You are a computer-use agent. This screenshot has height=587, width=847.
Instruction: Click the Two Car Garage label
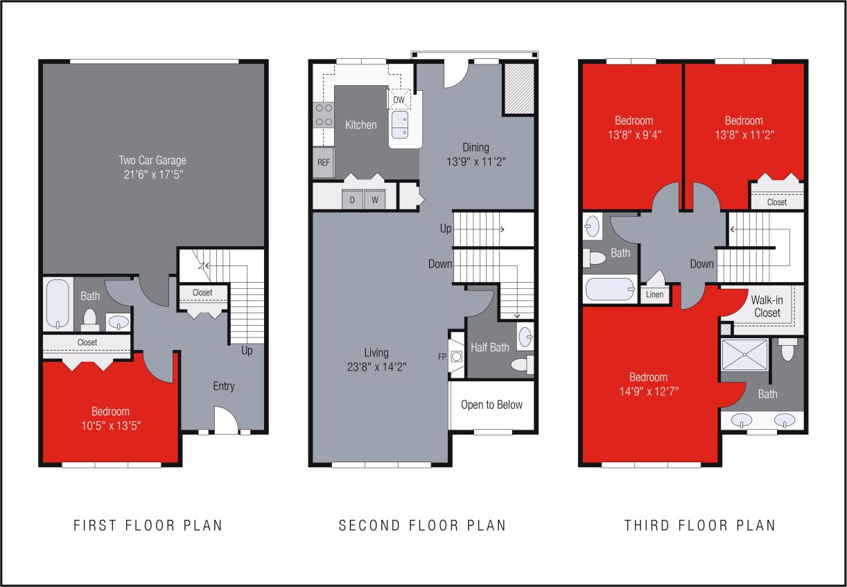(152, 161)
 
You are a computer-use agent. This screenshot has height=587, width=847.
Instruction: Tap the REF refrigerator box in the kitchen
(323, 162)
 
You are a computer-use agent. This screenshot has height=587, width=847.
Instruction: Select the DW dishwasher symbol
(399, 100)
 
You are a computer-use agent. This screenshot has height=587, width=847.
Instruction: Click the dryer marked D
(352, 199)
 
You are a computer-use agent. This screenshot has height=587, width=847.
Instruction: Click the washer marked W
(374, 199)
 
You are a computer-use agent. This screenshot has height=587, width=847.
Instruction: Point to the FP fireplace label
(442, 358)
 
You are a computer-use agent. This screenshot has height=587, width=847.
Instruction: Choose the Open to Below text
(491, 405)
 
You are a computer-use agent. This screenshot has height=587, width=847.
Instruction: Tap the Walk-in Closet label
(766, 306)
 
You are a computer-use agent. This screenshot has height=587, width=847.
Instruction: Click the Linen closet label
(654, 295)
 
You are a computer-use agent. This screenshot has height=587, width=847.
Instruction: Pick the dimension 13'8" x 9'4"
(634, 135)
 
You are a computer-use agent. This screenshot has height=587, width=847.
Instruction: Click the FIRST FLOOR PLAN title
(148, 525)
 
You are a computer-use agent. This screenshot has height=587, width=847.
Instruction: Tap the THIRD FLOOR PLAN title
(700, 525)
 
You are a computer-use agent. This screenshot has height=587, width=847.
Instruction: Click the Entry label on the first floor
(223, 386)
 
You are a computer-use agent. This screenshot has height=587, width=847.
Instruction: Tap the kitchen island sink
(401, 125)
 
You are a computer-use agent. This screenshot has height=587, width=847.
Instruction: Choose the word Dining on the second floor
(475, 147)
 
